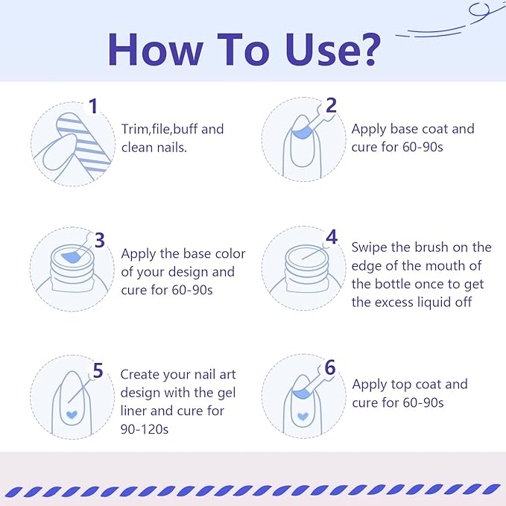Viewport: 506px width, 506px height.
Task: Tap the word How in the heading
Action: [x=156, y=49]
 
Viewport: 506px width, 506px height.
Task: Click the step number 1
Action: [x=93, y=106]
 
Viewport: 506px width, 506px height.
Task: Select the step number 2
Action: [x=331, y=105]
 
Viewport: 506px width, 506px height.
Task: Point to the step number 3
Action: [x=100, y=240]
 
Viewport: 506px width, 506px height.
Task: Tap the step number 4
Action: [x=332, y=237]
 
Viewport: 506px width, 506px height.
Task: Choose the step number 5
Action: [x=98, y=370]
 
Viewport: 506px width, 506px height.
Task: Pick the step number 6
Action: [x=330, y=367]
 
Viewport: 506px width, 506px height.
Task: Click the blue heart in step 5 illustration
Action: [x=72, y=414]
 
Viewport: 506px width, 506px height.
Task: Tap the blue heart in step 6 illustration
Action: [x=303, y=417]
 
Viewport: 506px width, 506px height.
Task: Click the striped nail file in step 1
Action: [x=84, y=142]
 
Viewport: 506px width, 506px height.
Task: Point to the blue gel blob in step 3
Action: [x=72, y=256]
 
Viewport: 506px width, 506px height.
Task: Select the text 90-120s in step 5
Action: [x=145, y=429]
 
